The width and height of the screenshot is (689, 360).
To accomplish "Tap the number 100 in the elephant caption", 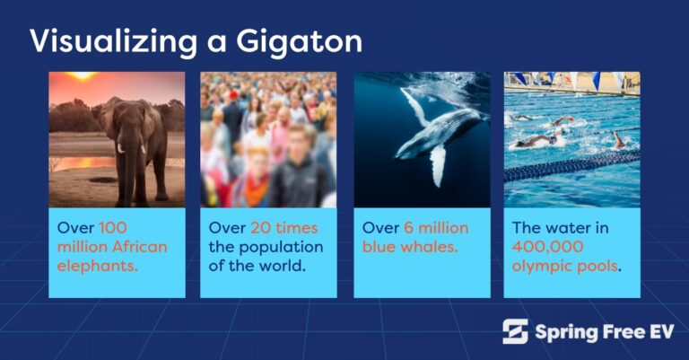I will coord(115,227).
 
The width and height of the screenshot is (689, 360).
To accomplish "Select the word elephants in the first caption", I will coord(97,267).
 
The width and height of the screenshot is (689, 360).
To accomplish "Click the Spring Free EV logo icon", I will coord(515,331).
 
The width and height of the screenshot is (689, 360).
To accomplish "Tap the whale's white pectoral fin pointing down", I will coord(438,162).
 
